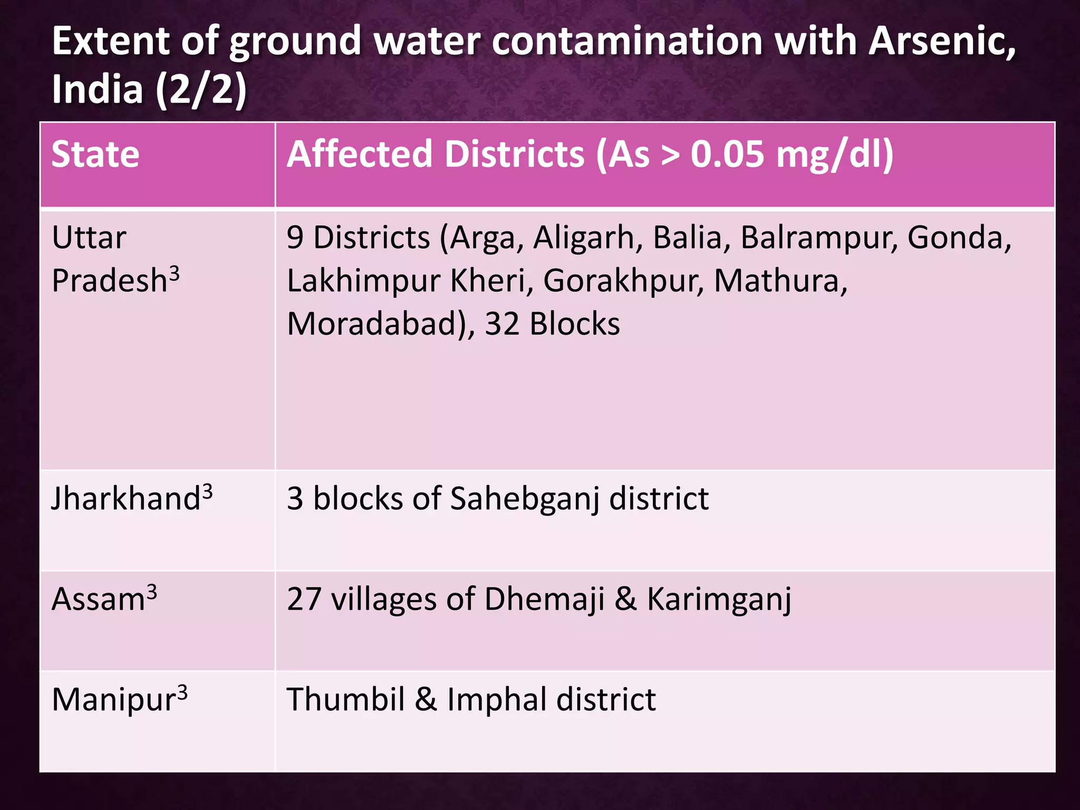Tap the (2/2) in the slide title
pos(201,90)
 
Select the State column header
pos(95,155)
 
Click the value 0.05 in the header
pos(727,155)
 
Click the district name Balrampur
pos(819,238)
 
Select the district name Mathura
pos(780,281)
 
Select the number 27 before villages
pos(304,599)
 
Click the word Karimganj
pos(719,600)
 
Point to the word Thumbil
pos(345,700)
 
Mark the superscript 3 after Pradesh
pos(174,273)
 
